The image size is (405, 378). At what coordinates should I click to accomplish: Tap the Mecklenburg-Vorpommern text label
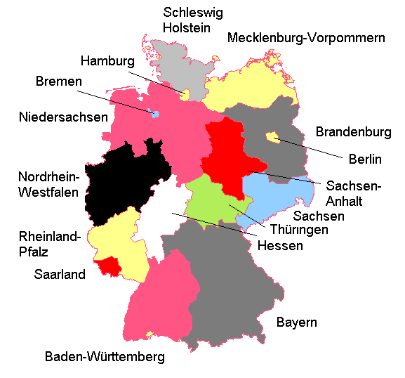click(x=306, y=38)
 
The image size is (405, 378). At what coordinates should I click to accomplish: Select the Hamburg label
click(x=107, y=61)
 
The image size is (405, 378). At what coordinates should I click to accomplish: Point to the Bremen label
click(x=59, y=82)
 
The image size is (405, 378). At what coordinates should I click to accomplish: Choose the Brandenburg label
click(x=353, y=131)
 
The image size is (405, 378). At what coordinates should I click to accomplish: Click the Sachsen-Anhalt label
click(x=354, y=193)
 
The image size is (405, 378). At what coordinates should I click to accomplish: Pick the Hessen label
click(x=280, y=246)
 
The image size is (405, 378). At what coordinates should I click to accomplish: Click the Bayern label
click(x=296, y=323)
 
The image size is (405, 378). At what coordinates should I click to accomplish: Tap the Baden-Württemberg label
click(x=105, y=357)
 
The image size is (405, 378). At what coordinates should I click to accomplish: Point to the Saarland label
click(x=60, y=275)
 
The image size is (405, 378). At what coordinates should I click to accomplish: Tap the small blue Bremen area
click(x=154, y=113)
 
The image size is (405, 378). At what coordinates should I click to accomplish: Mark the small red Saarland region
click(x=109, y=266)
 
